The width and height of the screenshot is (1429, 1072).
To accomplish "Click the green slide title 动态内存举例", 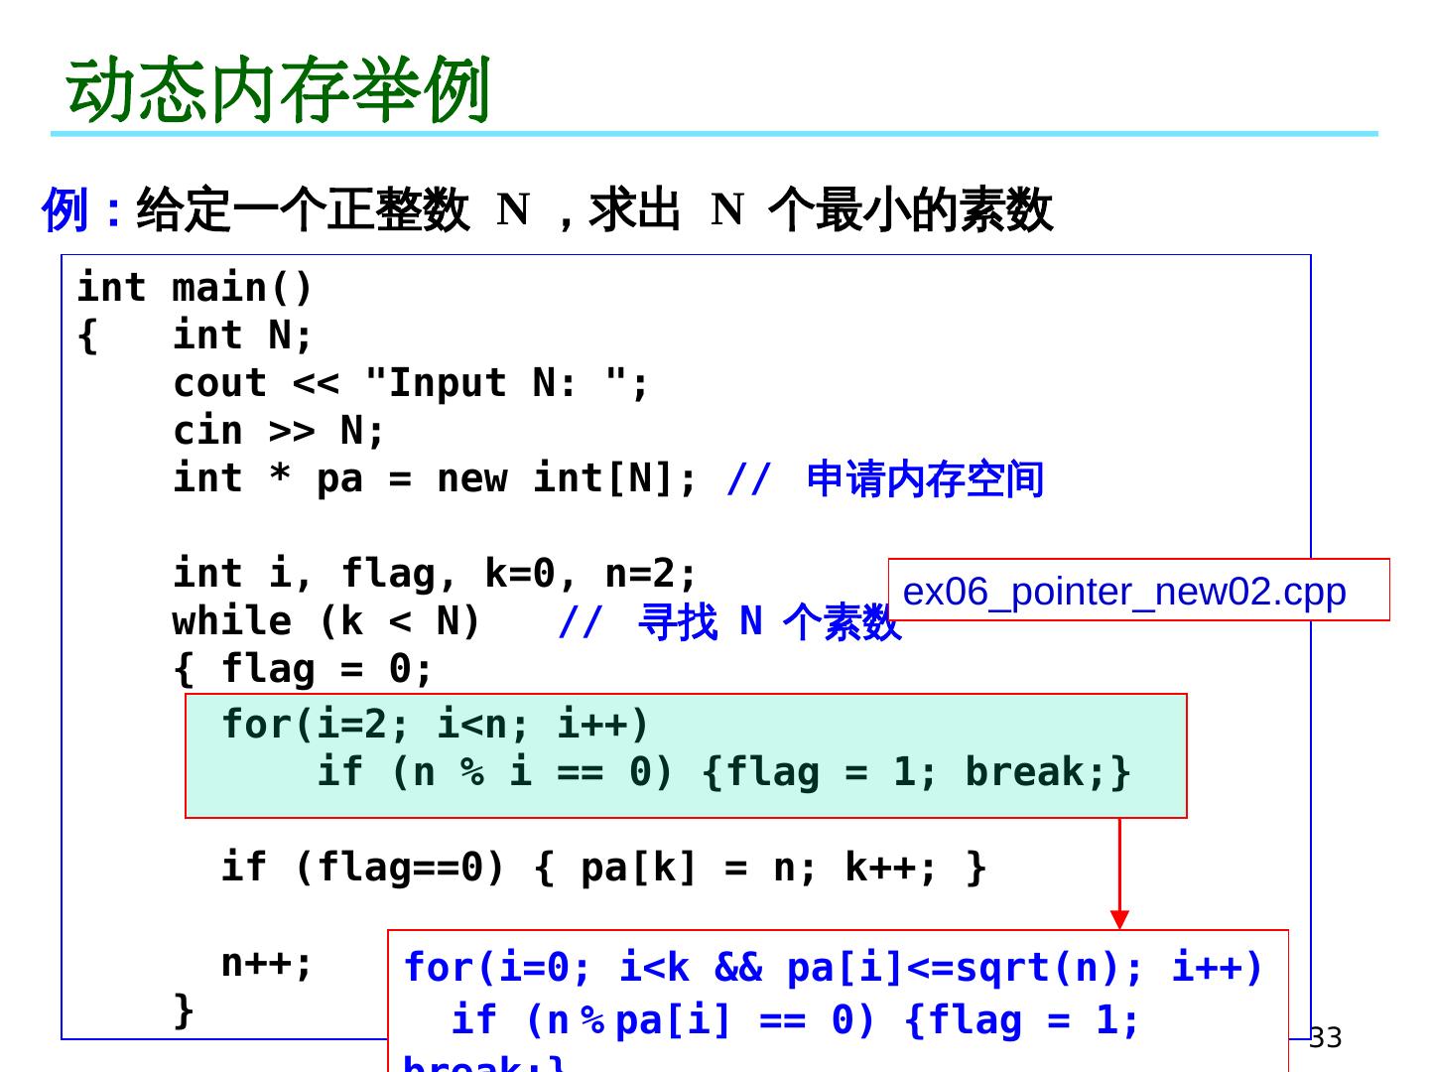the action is coord(279,89).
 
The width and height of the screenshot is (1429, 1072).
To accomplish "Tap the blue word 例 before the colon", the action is coord(65,210).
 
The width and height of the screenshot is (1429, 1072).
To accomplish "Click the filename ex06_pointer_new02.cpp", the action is coord(1124,592).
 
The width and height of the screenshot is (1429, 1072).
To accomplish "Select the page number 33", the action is coord(1325,1037).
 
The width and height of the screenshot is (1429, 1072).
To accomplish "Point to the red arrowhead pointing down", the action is coord(1119,919).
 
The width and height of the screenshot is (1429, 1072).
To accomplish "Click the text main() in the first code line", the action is coord(242,288).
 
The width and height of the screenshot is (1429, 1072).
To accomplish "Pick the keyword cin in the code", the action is coord(207,431).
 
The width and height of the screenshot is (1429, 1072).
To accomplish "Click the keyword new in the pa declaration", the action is coord(471,478).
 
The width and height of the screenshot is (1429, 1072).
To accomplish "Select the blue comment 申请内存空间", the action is coord(925,478).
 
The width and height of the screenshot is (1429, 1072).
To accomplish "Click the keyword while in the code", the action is coord(231,621).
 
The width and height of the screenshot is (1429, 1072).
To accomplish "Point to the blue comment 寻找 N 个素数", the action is coord(769,621).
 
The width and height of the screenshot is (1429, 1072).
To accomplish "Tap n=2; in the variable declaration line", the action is coord(650,574).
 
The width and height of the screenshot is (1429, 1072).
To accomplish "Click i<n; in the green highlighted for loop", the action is coord(483,725).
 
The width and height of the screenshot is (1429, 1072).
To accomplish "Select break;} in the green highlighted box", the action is coord(1047,772).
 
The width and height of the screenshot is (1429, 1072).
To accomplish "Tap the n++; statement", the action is coord(266,963).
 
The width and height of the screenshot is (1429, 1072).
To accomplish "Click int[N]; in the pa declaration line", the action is coord(615,478).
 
